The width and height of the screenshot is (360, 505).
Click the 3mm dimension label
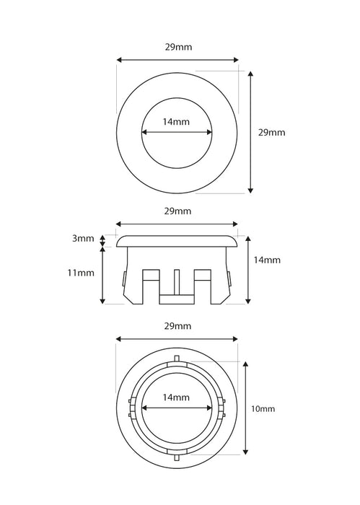pyautogui.click(x=83, y=239)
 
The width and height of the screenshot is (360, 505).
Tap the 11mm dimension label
pyautogui.click(x=81, y=273)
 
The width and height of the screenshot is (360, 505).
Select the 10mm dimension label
pyautogui.click(x=263, y=409)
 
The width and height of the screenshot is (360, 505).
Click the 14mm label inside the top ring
pyautogui.click(x=176, y=122)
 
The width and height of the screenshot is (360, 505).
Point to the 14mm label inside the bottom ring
pyautogui.click(x=176, y=398)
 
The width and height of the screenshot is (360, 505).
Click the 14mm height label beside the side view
pyautogui.click(x=267, y=260)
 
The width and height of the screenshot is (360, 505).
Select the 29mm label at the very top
pyautogui.click(x=179, y=47)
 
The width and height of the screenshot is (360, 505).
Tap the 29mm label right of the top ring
pyautogui.click(x=272, y=133)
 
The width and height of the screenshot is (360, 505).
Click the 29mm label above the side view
pyautogui.click(x=177, y=211)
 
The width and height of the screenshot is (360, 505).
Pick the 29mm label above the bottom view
pyautogui.click(x=177, y=326)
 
